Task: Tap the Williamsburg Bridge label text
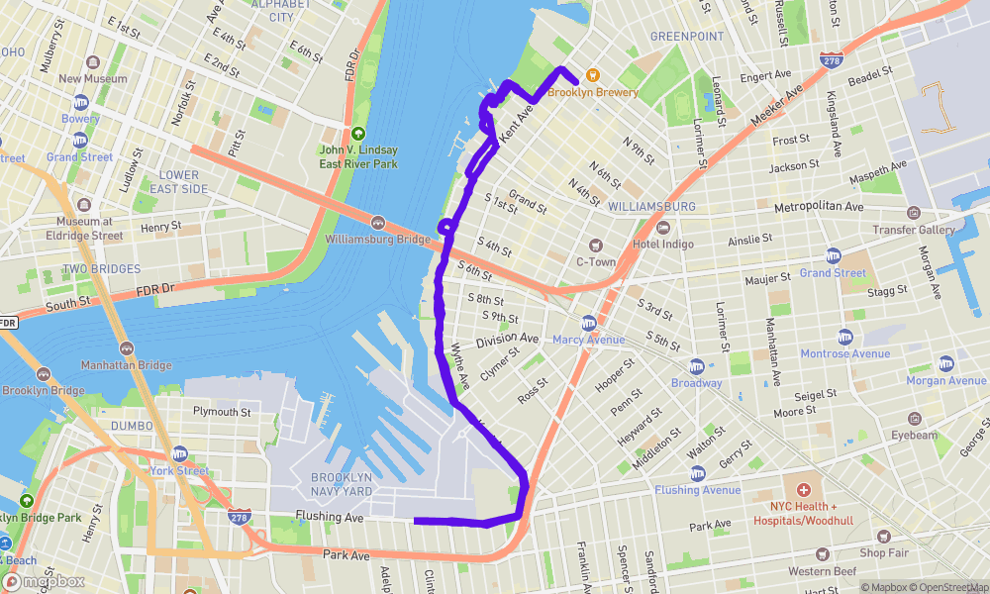point(376,239)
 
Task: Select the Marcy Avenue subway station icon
point(588,324)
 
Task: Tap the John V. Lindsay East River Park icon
point(358,134)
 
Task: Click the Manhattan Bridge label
point(127,365)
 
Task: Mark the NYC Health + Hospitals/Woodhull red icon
point(803,490)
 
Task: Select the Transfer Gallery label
point(913,230)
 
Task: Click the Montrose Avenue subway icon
point(844,338)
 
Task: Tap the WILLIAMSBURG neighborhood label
point(652,206)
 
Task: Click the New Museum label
point(93,79)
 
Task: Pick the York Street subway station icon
point(179,453)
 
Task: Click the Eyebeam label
point(913,435)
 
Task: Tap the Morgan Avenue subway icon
point(946,364)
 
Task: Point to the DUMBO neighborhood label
point(133,426)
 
